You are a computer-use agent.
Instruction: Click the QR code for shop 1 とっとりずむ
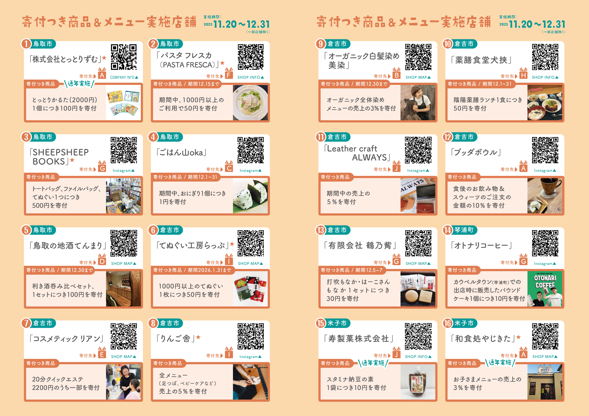tap(124, 57)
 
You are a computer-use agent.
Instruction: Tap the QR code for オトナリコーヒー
tap(545, 243)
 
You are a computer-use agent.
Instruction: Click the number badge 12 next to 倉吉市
tap(448, 137)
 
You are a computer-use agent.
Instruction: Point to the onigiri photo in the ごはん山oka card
tap(250, 196)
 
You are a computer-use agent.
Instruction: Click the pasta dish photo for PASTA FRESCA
tap(250, 102)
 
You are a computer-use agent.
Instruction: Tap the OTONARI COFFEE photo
tap(545, 289)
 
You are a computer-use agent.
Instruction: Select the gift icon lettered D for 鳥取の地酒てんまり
tap(102, 260)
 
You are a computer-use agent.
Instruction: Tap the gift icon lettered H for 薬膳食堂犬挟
tap(523, 74)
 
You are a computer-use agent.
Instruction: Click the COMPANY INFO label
tap(124, 77)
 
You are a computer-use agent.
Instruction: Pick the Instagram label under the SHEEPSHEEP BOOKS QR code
tap(124, 170)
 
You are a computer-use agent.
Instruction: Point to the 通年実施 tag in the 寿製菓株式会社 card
tap(373, 363)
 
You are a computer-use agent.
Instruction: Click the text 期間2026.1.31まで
tap(209, 270)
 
